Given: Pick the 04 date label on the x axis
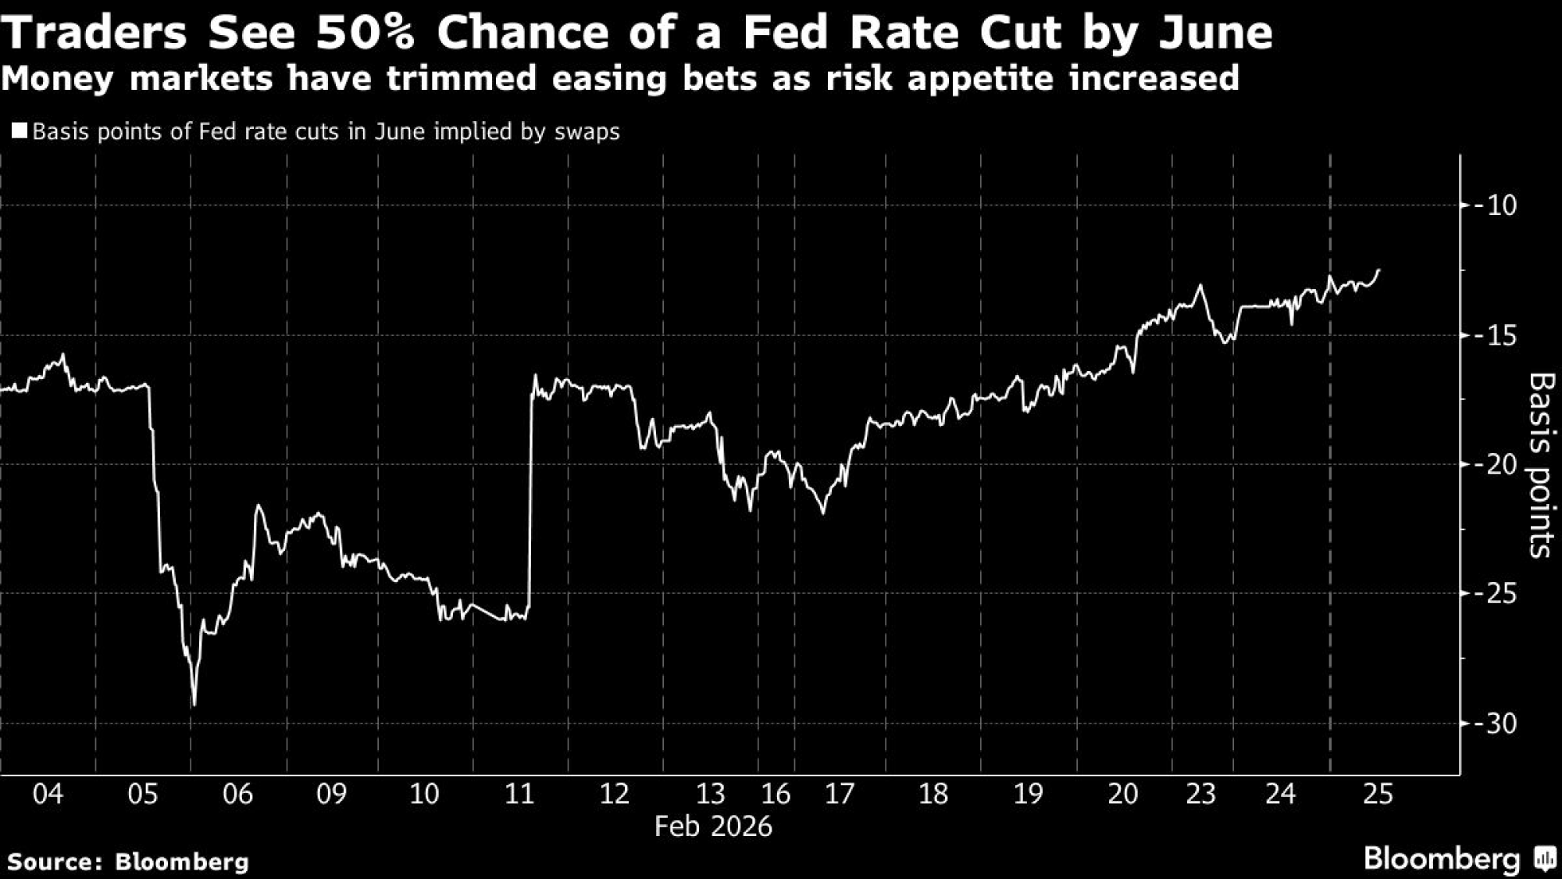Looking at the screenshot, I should coord(48,794).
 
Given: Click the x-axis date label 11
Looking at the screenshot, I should coord(519,794).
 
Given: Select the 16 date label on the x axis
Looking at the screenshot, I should coord(776,794).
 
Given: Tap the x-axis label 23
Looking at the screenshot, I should coord(1201,794).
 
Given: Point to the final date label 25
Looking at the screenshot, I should coord(1378,794).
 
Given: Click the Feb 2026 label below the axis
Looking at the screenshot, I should coord(713,827).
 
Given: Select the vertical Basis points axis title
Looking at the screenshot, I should coord(1540,465).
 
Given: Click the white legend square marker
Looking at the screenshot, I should coord(20,130).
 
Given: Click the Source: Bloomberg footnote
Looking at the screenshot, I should coord(128,862).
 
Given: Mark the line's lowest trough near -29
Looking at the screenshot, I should coord(194,705).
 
